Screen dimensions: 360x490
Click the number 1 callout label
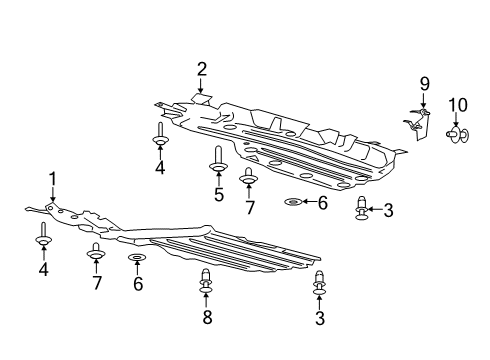pyautogui.click(x=52, y=179)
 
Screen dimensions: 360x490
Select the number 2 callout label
pyautogui.click(x=202, y=69)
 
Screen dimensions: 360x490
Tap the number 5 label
pyautogui.click(x=218, y=194)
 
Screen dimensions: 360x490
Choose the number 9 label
pyautogui.click(x=423, y=83)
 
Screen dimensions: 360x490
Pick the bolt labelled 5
pyautogui.click(x=217, y=160)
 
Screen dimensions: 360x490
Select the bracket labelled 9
pyautogui.click(x=417, y=125)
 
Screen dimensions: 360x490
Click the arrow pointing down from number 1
pyautogui.click(x=53, y=197)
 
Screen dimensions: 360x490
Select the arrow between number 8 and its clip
pyautogui.click(x=206, y=301)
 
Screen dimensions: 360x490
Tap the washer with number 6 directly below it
pyautogui.click(x=137, y=261)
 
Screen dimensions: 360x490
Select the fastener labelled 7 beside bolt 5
pyautogui.click(x=249, y=181)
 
